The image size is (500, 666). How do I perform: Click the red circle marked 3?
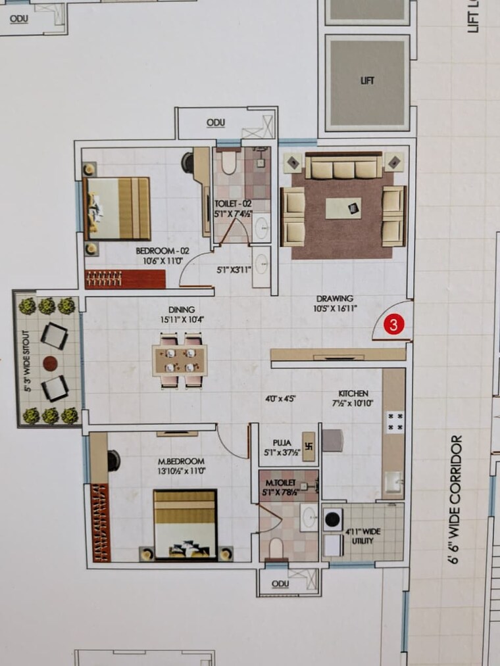(x=393, y=323)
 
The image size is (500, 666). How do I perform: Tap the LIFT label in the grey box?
(x=367, y=80)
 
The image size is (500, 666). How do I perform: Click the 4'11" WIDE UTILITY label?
(x=363, y=536)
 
